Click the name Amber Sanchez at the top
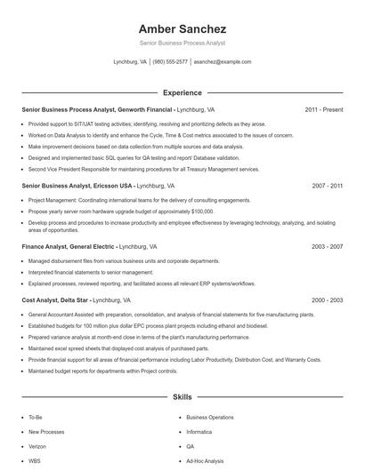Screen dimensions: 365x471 pyautogui.click(x=182, y=28)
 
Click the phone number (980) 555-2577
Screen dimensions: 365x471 pyautogui.click(x=170, y=62)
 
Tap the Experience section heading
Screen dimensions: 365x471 pyautogui.click(x=182, y=92)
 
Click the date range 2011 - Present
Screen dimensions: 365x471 pyautogui.click(x=323, y=109)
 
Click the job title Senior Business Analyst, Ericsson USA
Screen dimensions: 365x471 pyautogui.click(x=77, y=186)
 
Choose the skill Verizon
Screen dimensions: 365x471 pyautogui.click(x=37, y=446)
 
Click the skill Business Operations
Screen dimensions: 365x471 pyautogui.click(x=210, y=416)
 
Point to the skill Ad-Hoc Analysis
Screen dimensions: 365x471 pyautogui.click(x=206, y=461)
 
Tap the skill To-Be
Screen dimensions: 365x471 pyautogui.click(x=35, y=416)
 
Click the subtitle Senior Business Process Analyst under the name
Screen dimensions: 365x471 pyautogui.click(x=182, y=43)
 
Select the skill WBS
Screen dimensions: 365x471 pyautogui.click(x=35, y=461)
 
